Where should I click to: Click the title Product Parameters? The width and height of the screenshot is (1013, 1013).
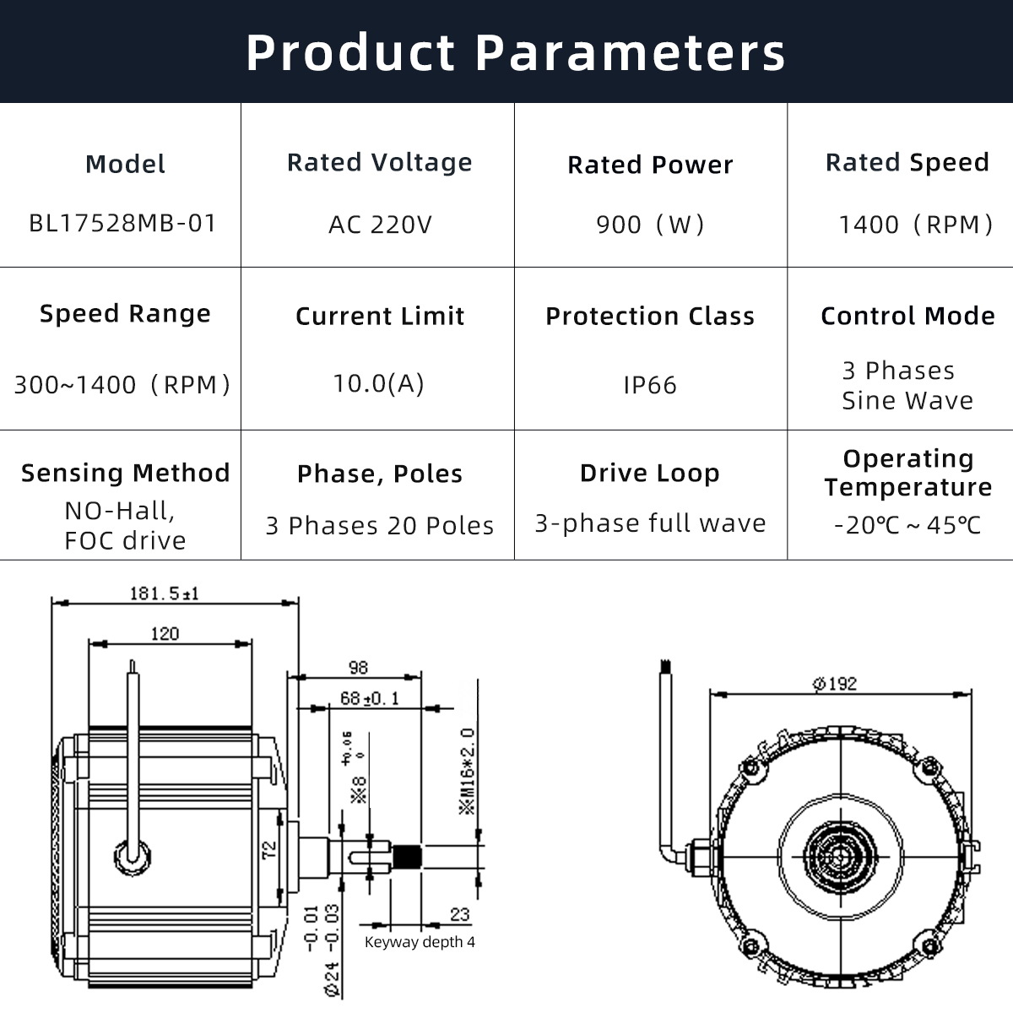click(516, 52)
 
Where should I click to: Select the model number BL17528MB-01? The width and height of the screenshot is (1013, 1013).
click(123, 224)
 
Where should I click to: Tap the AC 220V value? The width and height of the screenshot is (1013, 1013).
click(380, 225)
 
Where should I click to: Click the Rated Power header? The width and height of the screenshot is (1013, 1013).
click(650, 165)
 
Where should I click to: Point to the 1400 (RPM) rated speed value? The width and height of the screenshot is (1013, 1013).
click(916, 225)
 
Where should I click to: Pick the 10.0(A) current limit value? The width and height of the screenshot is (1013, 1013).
click(379, 383)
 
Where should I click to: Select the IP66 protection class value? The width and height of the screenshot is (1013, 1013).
click(650, 385)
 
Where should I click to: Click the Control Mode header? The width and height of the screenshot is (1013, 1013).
click(907, 316)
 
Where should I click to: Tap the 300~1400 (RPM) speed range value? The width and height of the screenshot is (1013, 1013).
click(122, 385)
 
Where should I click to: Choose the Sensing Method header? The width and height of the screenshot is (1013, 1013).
click(126, 473)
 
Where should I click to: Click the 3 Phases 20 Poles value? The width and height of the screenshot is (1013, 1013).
click(380, 526)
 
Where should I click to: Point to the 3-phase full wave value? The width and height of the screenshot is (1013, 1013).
click(650, 523)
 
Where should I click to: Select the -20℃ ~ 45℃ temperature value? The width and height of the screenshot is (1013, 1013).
click(907, 525)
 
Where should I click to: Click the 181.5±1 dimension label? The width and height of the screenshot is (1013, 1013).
click(164, 593)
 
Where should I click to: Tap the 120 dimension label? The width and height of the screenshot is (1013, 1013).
click(165, 633)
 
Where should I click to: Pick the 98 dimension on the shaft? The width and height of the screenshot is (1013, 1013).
click(358, 667)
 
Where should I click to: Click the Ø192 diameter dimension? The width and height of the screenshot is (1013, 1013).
click(835, 683)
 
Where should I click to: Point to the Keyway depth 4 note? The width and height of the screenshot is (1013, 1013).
click(420, 941)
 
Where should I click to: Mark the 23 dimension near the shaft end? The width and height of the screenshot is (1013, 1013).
click(459, 913)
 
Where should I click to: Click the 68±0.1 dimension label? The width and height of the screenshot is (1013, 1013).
click(370, 698)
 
